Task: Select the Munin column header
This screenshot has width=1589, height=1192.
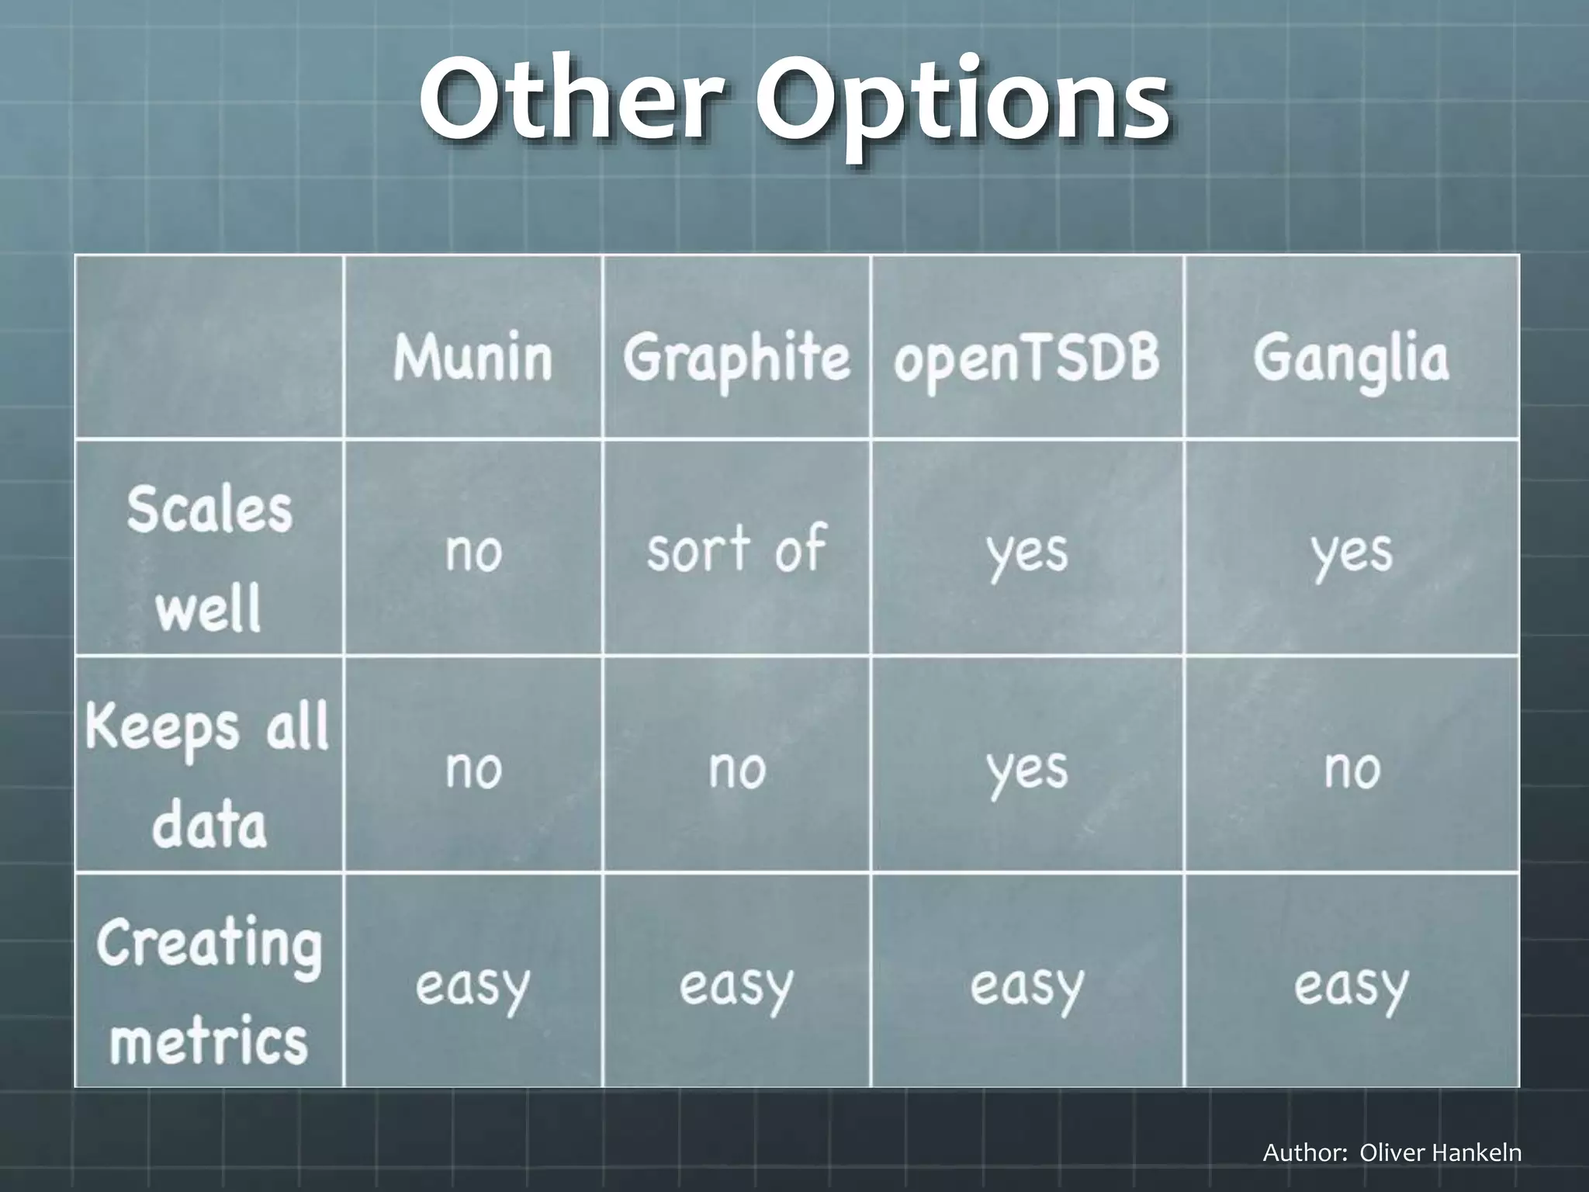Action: pyautogui.click(x=473, y=358)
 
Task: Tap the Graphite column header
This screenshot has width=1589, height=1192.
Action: pyautogui.click(x=736, y=359)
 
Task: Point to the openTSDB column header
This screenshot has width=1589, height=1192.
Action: pyautogui.click(x=1026, y=359)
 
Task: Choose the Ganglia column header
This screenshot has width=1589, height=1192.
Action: pyautogui.click(x=1351, y=359)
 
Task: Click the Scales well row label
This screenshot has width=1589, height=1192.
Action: pyautogui.click(x=209, y=557)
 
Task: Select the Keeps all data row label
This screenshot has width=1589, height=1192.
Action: pyautogui.click(x=208, y=773)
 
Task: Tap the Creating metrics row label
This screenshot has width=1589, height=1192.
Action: pyautogui.click(x=209, y=989)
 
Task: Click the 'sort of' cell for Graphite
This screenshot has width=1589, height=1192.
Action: pyautogui.click(x=736, y=549)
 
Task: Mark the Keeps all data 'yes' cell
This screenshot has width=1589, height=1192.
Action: pyautogui.click(x=1026, y=770)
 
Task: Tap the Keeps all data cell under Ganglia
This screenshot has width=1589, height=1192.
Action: pyautogui.click(x=1352, y=770)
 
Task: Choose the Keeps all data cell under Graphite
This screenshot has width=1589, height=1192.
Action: pyautogui.click(x=736, y=770)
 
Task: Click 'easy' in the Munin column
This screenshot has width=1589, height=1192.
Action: pyautogui.click(x=473, y=987)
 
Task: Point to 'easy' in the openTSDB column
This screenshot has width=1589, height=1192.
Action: pyautogui.click(x=1026, y=987)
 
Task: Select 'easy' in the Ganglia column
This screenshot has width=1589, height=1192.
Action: pyautogui.click(x=1351, y=987)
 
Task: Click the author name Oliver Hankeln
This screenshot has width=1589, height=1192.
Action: pyautogui.click(x=1440, y=1152)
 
